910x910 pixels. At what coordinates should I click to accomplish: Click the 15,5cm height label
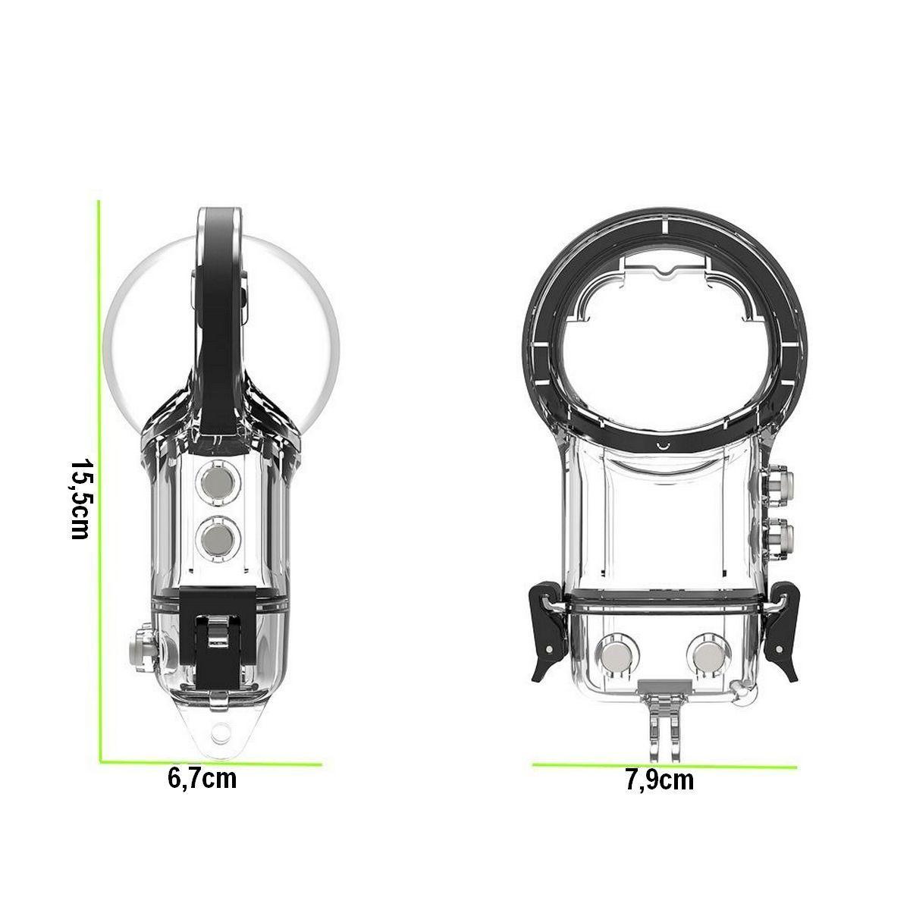80,499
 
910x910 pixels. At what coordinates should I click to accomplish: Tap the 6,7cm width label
202,779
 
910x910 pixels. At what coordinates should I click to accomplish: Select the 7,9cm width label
660,780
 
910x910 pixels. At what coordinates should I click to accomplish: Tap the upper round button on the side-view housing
218,482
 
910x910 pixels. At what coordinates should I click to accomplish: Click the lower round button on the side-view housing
218,539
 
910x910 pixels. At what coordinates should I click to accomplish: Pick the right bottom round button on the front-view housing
709,656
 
